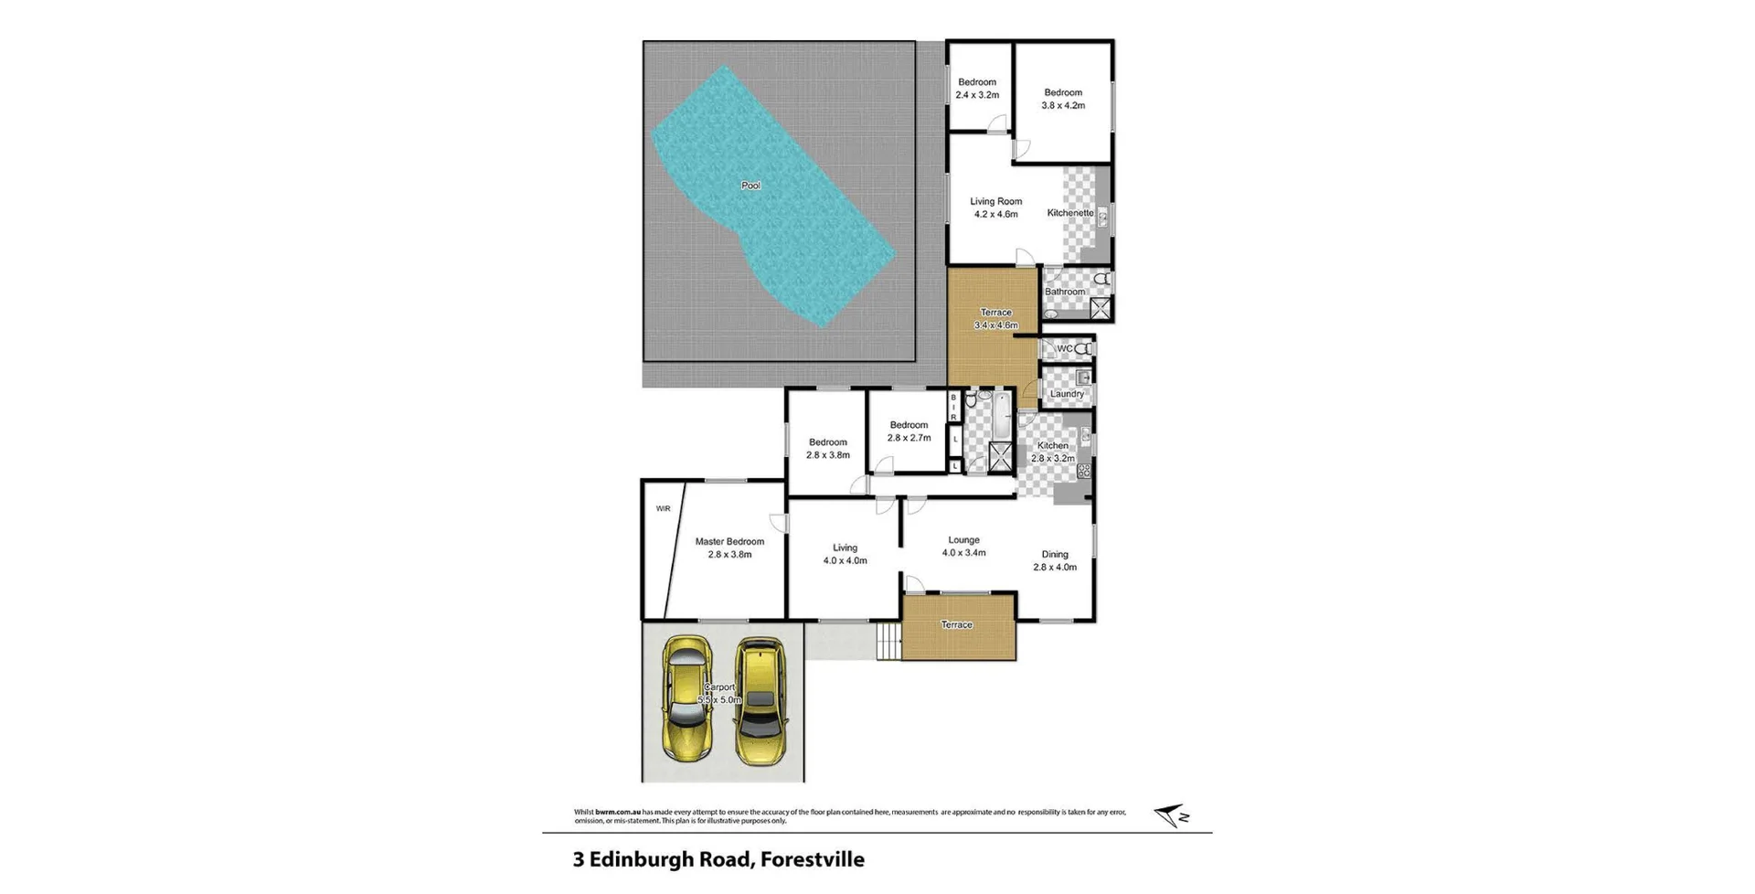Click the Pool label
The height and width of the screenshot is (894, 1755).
tap(750, 186)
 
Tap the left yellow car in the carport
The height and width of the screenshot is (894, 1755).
tap(687, 699)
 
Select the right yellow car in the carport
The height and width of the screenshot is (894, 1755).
tap(760, 701)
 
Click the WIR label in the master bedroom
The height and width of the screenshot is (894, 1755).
tap(663, 508)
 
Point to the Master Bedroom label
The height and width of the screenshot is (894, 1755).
tap(729, 541)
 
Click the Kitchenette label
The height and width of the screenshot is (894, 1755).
tap(1069, 213)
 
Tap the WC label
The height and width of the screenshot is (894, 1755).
tap(1064, 348)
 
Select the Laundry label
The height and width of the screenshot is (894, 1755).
tap(1067, 394)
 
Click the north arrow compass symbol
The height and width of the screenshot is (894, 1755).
tap(1171, 815)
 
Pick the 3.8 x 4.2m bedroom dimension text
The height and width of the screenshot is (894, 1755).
tap(1063, 105)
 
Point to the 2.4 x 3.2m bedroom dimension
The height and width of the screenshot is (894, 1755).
tap(977, 95)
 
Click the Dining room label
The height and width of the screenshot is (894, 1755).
tap(1055, 554)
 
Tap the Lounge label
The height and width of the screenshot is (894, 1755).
tap(963, 540)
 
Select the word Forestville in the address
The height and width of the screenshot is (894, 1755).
tap(812, 859)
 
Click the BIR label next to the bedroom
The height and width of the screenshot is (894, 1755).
tap(953, 408)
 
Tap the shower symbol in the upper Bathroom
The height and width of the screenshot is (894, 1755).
tap(1100, 309)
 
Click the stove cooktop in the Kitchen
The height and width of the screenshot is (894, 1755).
tap(1084, 472)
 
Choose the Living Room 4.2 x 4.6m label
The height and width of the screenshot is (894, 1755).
tap(995, 208)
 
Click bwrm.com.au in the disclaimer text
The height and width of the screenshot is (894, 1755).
tap(617, 812)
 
